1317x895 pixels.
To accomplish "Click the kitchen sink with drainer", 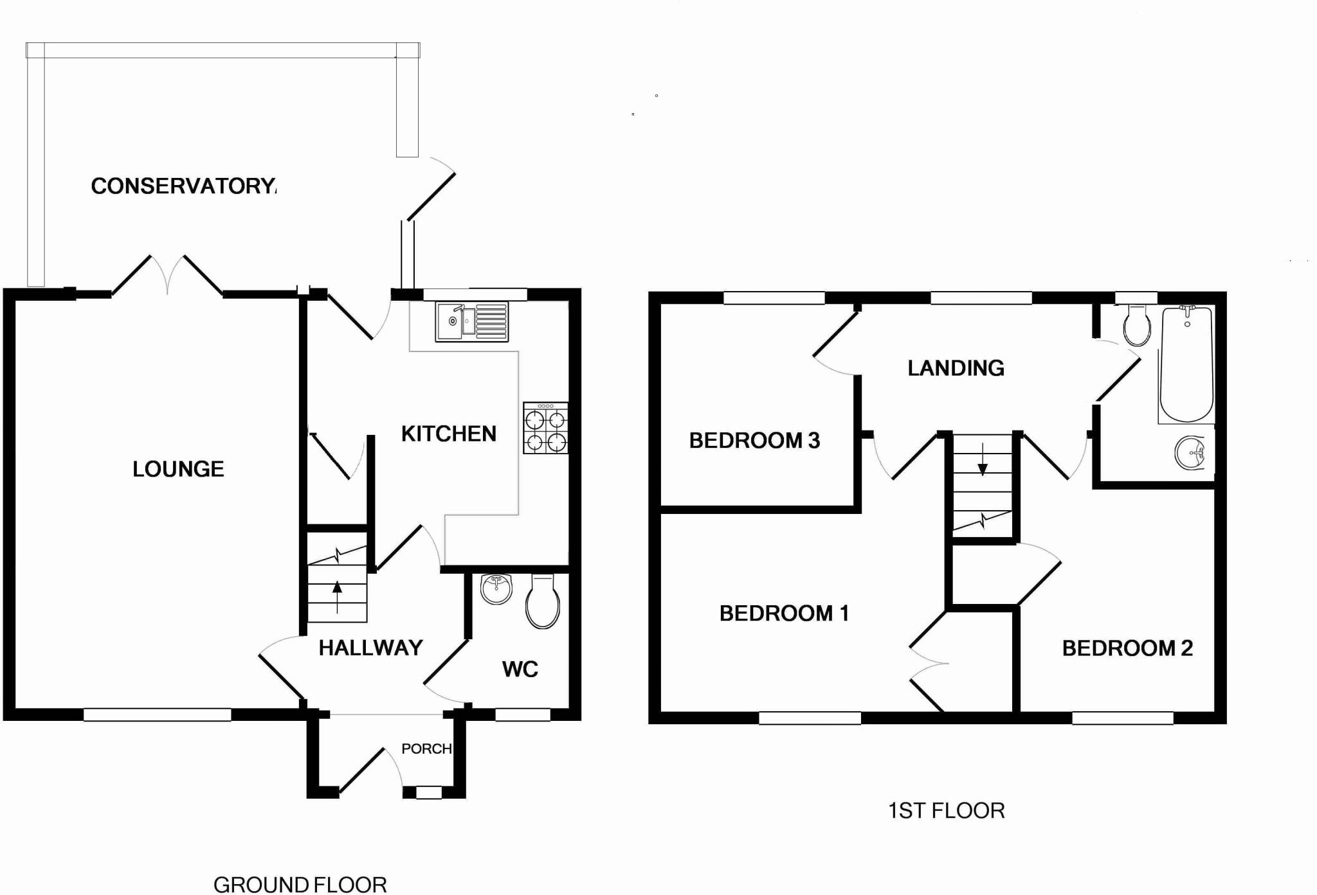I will pos(471,321).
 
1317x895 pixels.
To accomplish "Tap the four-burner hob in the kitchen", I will pos(545,429).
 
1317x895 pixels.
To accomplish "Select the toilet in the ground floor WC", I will pos(542,602).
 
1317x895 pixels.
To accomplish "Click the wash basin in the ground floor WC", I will pos(496,589).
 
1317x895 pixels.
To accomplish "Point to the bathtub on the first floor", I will pos(1186,364).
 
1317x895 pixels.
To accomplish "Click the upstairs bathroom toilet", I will pos(1137,326).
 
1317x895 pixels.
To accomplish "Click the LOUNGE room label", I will pos(178,469).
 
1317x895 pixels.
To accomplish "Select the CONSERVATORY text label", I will pos(184,186).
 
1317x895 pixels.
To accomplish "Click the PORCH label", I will pos(426,749).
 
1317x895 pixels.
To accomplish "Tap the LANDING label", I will pos(956,368).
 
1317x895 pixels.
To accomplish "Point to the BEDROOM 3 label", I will pos(754,441).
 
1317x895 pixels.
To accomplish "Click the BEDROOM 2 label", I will pos(1127,648).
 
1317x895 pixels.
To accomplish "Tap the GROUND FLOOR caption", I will pos(300,885).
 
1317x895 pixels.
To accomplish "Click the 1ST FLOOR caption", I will pos(946,811).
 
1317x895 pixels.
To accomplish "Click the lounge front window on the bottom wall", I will pos(157,714).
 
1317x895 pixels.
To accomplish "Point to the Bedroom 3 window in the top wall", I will pos(774,298).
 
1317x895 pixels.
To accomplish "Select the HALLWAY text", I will pos(370,648).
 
